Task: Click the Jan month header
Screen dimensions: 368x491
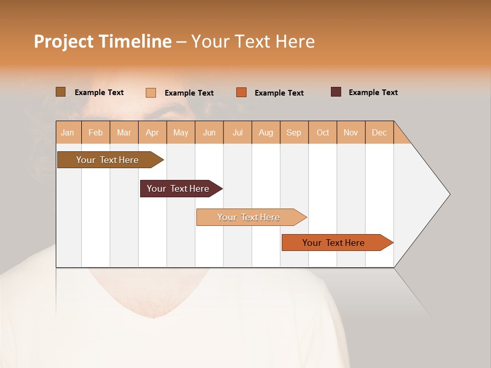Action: click(68, 132)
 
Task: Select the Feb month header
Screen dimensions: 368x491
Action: click(96, 132)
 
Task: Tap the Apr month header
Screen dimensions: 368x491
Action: click(152, 132)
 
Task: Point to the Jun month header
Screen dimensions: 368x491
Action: click(209, 132)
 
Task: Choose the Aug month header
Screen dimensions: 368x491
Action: click(266, 132)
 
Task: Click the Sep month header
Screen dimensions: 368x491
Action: click(294, 132)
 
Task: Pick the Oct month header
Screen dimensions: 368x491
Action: click(323, 132)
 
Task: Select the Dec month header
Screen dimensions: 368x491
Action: click(380, 132)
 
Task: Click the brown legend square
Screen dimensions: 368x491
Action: click(61, 92)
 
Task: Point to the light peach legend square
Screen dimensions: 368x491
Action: click(151, 93)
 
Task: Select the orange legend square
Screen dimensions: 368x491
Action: click(241, 93)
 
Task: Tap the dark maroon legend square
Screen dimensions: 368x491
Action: click(336, 92)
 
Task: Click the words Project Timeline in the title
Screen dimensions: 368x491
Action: click(103, 41)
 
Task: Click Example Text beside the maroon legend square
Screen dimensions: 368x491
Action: click(373, 93)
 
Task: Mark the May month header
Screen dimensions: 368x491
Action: click(181, 132)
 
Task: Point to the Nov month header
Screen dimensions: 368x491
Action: click(351, 132)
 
